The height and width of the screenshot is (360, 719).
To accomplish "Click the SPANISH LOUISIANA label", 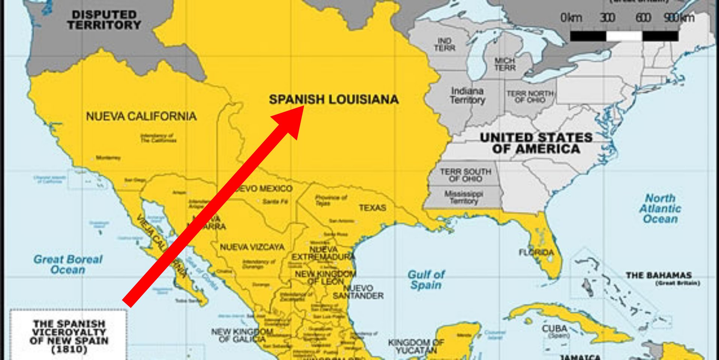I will (x=334, y=100).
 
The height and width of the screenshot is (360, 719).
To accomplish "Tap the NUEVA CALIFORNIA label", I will (x=141, y=116).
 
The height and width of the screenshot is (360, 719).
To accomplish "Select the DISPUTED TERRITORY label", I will (x=104, y=20).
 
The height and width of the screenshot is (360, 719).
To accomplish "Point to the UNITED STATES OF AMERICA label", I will (x=536, y=143).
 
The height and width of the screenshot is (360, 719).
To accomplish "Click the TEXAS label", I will (x=372, y=208).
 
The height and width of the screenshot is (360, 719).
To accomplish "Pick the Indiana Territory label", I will (x=467, y=95).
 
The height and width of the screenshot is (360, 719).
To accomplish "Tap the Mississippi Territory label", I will (x=464, y=197).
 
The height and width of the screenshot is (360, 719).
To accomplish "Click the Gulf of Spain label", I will (x=426, y=280).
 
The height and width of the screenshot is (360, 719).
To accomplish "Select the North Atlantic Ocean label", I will (x=660, y=208).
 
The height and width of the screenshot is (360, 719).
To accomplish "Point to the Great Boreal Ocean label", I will (x=68, y=264).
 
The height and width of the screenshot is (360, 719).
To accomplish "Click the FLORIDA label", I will (x=536, y=253).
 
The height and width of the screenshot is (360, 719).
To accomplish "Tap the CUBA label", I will (x=555, y=329).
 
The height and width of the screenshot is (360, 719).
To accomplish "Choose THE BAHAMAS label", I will (x=659, y=275).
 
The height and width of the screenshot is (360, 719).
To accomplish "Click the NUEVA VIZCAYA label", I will (x=252, y=247).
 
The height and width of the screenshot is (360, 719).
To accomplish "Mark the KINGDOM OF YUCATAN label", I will (x=416, y=346).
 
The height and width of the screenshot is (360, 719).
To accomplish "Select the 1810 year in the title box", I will (x=69, y=350).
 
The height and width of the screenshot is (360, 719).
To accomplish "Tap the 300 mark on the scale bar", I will (x=607, y=18).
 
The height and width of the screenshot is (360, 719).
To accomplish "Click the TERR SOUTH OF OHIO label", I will (x=465, y=175).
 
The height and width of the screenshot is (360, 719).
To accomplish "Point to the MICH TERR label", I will (x=505, y=64).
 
